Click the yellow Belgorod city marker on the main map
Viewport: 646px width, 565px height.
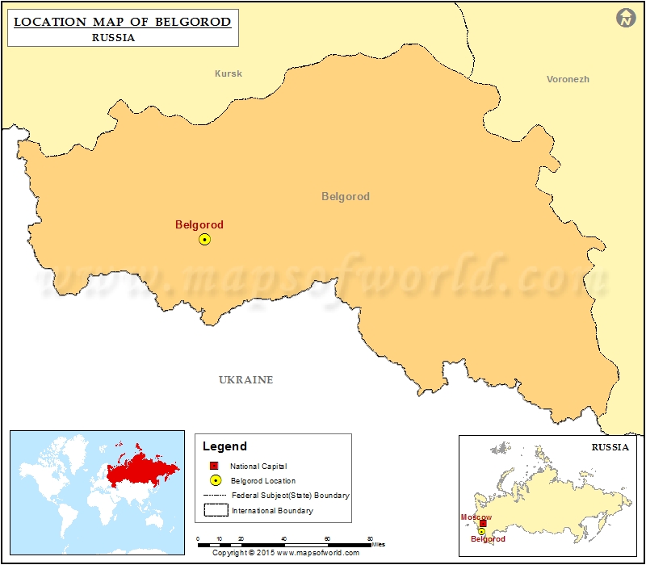204,239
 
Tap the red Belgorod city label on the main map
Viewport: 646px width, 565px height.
199,225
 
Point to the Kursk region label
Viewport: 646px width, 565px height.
228,73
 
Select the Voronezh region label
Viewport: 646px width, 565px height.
568,79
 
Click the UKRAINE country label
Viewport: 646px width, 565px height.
245,379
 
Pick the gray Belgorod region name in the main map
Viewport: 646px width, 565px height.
345,196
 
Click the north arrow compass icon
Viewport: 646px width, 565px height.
626,19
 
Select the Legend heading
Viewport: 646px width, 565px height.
224,446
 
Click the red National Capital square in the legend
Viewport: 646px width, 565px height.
215,466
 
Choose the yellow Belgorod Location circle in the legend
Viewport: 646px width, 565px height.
215,480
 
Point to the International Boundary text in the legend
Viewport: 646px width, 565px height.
272,510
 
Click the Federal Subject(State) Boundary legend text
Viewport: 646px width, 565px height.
290,495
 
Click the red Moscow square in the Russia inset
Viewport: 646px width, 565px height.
483,523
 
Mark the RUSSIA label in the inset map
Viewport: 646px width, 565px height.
610,446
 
